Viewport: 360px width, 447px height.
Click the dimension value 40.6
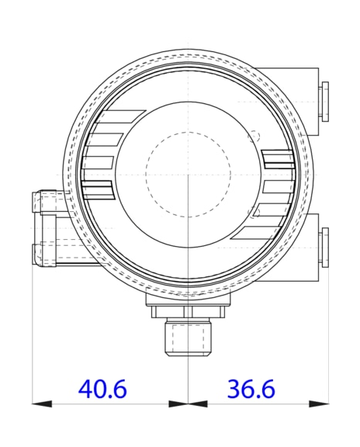click(103, 389)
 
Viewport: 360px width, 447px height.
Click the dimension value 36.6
click(251, 389)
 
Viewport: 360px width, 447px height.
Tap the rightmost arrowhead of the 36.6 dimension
click(319, 404)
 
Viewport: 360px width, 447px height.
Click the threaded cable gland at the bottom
click(187, 339)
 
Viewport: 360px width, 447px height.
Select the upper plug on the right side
click(324, 99)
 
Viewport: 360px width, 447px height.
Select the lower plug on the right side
click(324, 247)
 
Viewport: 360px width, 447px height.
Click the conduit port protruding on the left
click(48, 227)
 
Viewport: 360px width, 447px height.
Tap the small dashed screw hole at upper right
click(254, 134)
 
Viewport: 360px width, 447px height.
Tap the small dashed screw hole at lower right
click(254, 212)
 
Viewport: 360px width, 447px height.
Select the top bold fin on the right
click(278, 159)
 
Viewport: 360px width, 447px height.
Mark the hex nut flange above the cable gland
click(187, 311)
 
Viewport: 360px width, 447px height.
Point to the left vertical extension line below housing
click(32, 334)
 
